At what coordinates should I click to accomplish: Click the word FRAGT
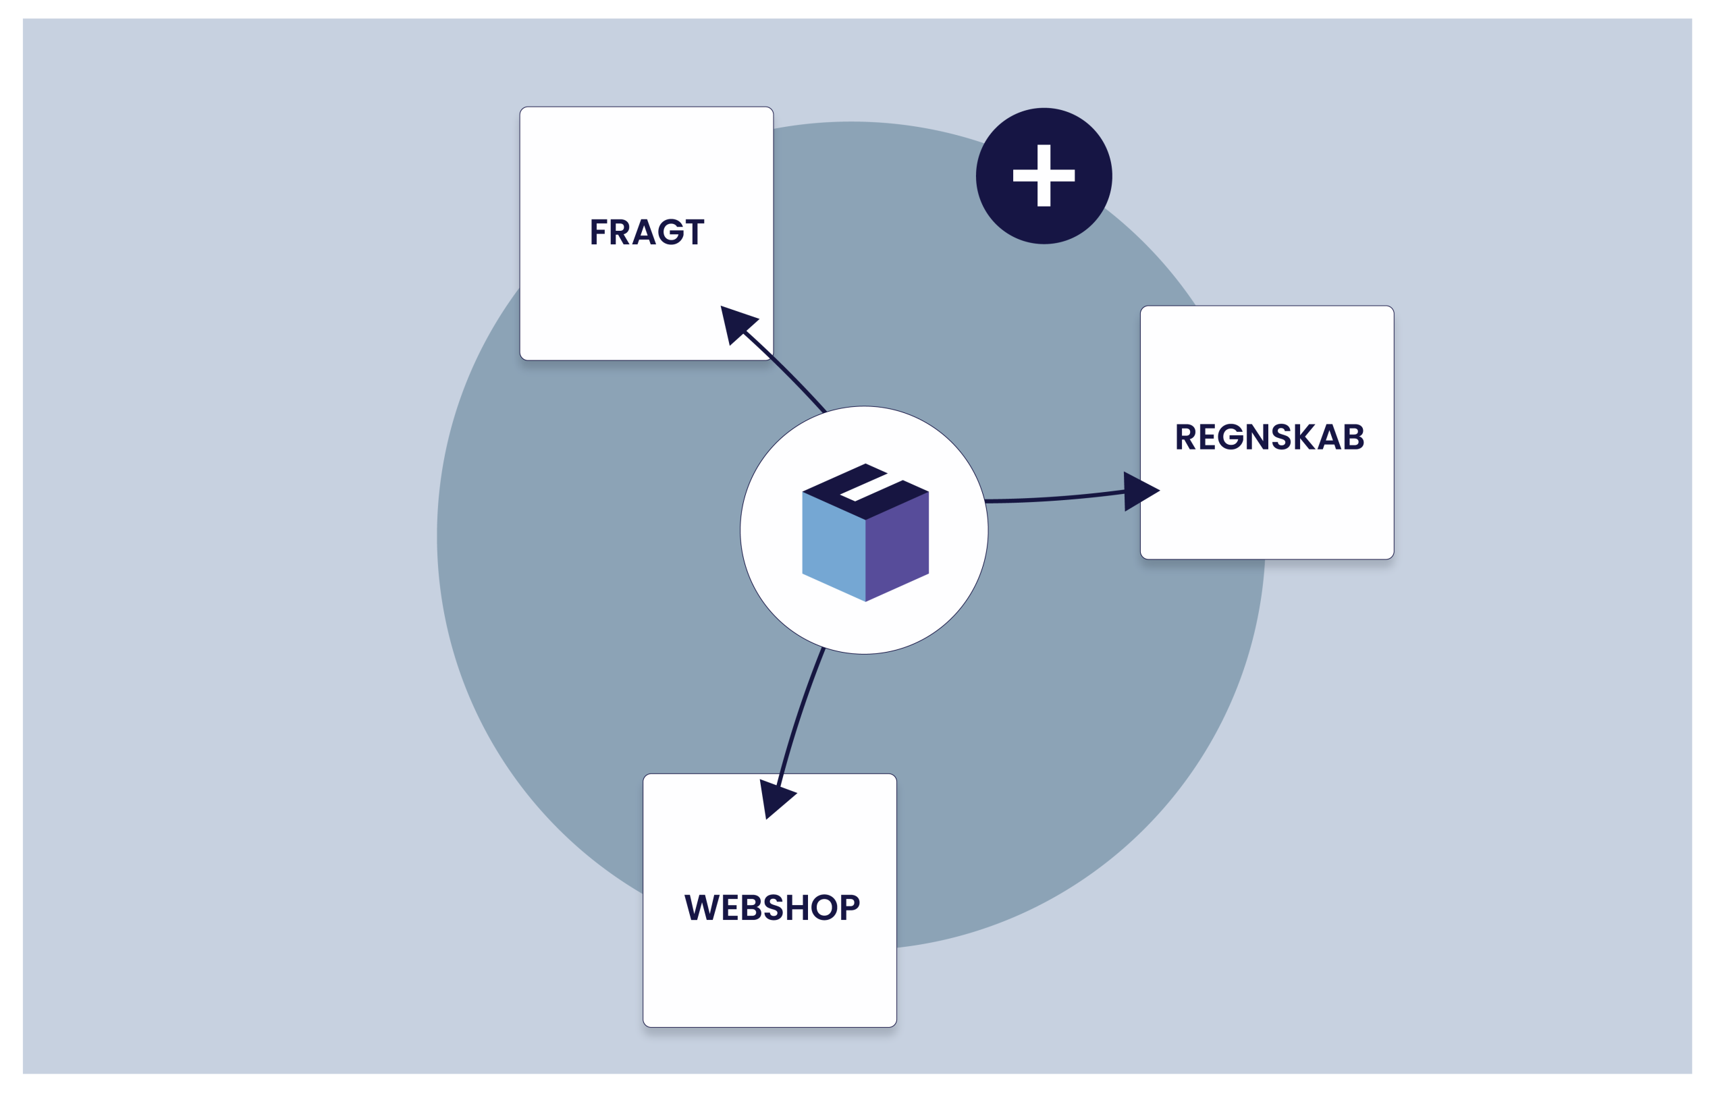[x=647, y=232]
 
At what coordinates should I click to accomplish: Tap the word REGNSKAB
[x=1269, y=437]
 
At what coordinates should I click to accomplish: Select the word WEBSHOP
[x=772, y=907]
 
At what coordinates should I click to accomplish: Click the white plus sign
[x=1044, y=175]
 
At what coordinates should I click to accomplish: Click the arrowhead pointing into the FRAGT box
[x=736, y=323]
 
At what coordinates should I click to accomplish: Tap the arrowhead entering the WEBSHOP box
[x=774, y=797]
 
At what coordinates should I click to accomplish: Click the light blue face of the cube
[x=833, y=545]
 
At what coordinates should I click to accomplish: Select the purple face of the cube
[x=898, y=545]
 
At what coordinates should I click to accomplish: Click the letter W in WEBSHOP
[x=702, y=907]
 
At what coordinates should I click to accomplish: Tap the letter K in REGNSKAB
[x=1305, y=437]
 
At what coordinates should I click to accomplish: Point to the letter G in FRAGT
[x=671, y=232]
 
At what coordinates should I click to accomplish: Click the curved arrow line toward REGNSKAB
[x=1055, y=498]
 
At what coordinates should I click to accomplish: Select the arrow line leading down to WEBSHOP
[x=799, y=717]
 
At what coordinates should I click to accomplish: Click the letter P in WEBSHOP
[x=850, y=907]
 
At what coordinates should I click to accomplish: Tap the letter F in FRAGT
[x=598, y=232]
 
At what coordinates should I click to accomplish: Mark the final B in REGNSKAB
[x=1353, y=437]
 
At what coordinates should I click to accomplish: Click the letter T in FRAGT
[x=695, y=232]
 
